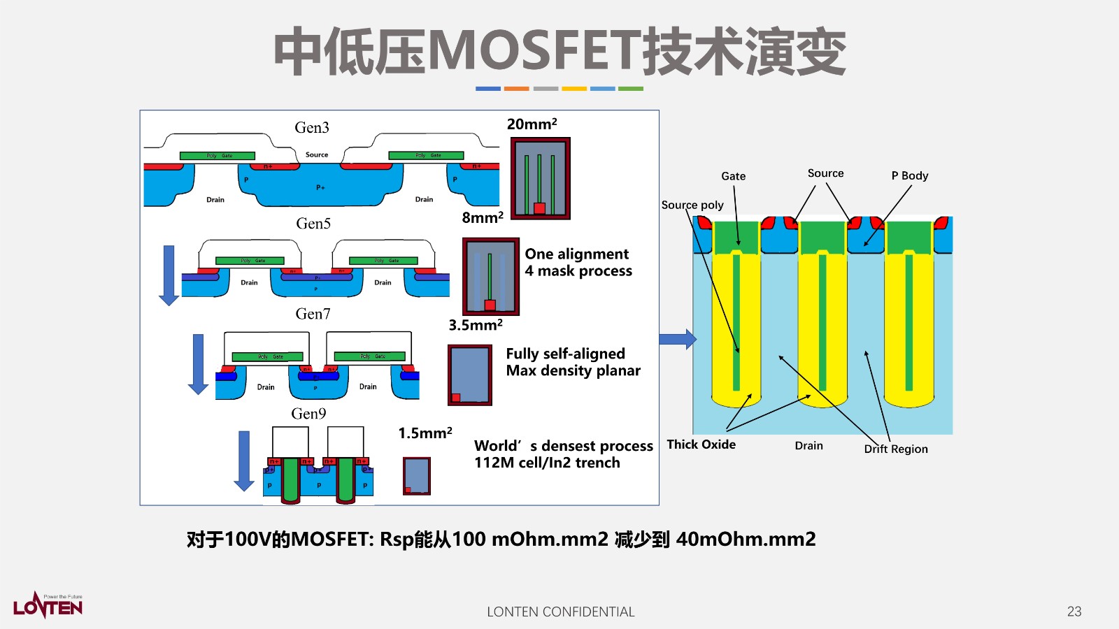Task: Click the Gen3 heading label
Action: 311,128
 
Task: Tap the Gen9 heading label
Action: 308,414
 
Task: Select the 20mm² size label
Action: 532,124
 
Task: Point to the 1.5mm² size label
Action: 425,433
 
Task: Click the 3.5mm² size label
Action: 476,325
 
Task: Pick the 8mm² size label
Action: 483,217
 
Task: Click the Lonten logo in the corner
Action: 48,605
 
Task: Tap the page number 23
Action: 1074,612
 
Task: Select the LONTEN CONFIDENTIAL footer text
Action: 561,612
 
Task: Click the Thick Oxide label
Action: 701,444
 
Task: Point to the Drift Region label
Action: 896,449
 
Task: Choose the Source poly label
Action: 692,205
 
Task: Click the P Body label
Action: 909,175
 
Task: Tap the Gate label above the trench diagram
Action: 733,176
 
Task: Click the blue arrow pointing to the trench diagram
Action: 678,339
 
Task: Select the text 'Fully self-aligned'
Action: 565,354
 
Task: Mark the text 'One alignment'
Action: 576,254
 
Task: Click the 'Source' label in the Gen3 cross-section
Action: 317,154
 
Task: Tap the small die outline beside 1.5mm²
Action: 417,476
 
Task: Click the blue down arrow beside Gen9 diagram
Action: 244,461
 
